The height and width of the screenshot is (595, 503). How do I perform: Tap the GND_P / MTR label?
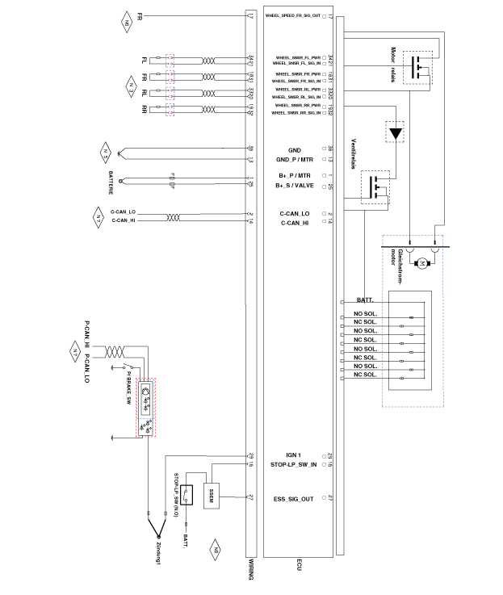tap(294, 160)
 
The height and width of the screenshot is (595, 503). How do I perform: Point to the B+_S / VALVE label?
tap(294, 186)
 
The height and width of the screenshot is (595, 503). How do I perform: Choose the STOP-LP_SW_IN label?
tap(295, 465)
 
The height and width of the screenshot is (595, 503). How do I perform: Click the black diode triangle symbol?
tap(395, 132)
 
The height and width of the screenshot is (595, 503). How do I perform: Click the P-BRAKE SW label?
tap(128, 381)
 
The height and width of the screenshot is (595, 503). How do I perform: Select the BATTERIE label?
tap(111, 183)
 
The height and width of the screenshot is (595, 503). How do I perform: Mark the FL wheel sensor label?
tap(145, 60)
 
